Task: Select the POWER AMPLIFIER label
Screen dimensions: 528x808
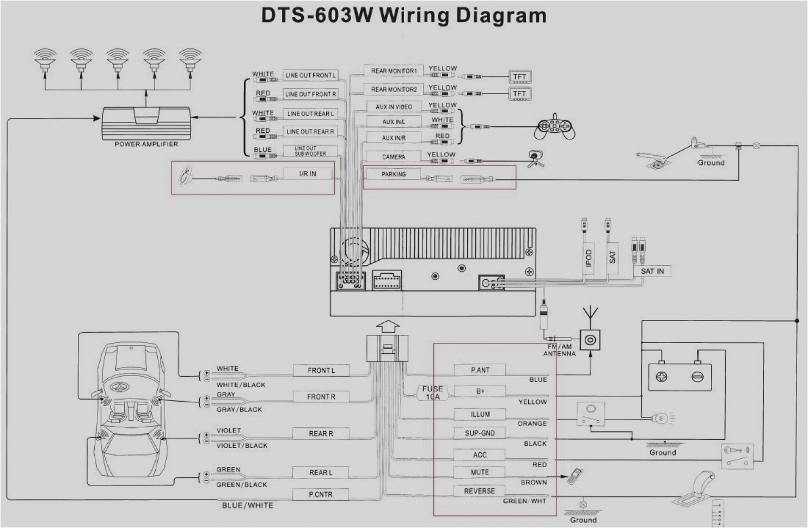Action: point(146,144)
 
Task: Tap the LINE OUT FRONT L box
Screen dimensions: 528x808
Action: point(310,75)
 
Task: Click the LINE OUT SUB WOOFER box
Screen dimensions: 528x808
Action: point(310,151)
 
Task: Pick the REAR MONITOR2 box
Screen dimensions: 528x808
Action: point(394,89)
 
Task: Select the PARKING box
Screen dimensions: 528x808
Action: point(393,174)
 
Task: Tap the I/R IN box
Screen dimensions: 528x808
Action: point(307,174)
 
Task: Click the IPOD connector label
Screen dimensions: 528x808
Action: point(588,257)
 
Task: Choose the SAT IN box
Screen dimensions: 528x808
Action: point(652,271)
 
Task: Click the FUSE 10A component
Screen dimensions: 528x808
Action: point(433,392)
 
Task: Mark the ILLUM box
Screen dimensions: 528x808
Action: point(480,414)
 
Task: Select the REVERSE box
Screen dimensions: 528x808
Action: point(479,491)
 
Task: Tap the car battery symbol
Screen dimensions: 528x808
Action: point(680,376)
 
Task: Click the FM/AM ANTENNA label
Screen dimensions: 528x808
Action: point(559,350)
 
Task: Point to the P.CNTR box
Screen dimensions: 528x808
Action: point(320,494)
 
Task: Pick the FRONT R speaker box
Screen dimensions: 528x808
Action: point(321,397)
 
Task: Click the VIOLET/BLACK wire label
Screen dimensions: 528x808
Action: point(242,446)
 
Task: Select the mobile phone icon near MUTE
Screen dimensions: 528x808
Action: point(574,476)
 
